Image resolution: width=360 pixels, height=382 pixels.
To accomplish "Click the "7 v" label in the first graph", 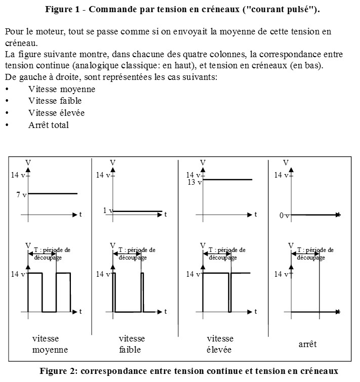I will [20, 195].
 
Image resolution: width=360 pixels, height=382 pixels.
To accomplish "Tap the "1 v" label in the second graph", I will [107, 210].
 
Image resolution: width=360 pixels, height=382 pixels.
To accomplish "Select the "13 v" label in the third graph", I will [194, 182].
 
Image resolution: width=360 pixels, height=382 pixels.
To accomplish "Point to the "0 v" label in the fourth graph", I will [284, 216].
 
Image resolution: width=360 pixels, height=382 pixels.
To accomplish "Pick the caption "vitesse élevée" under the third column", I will [219, 344].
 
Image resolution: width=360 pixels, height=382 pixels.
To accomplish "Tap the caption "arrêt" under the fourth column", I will [307, 344].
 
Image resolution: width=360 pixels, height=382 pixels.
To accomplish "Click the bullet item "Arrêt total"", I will [48, 125].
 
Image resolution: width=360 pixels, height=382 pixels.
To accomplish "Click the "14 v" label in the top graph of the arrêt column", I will [281, 175].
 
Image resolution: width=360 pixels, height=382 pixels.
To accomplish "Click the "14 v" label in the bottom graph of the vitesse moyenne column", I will [18, 274].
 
